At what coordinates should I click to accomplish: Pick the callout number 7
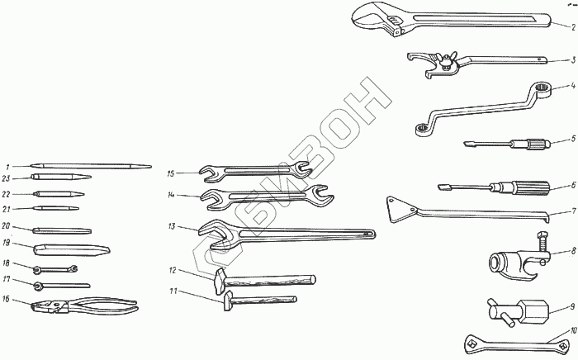coord(572,211)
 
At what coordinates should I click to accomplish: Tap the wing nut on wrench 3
coord(448,60)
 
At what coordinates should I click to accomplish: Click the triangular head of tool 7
coord(399,207)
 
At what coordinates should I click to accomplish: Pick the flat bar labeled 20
coord(62,229)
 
